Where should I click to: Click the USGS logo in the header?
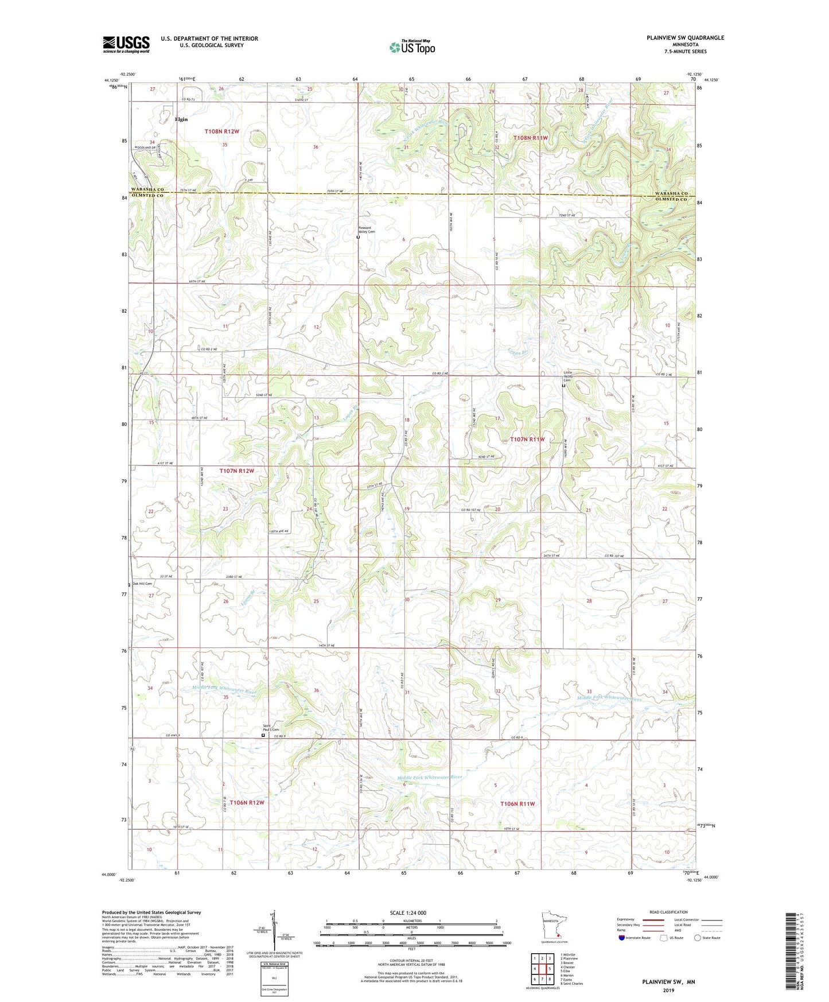click(126, 44)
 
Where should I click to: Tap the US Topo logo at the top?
click(411, 47)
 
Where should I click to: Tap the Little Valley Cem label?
click(567, 376)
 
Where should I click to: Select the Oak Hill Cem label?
click(142, 584)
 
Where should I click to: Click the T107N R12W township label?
click(236, 471)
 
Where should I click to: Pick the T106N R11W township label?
click(517, 803)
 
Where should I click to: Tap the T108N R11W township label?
click(531, 138)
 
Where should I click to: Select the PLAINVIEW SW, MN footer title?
click(668, 982)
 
